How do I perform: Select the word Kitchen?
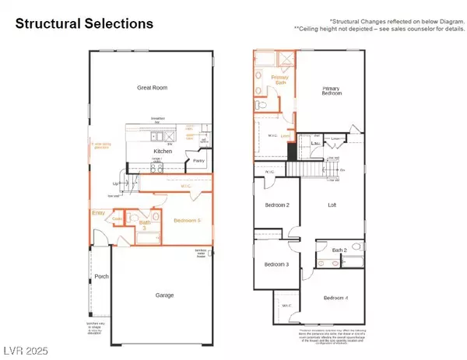click(162, 151)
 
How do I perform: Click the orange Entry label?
click(98, 212)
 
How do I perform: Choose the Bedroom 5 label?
click(188, 221)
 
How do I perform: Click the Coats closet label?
click(117, 219)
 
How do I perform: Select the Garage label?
click(163, 295)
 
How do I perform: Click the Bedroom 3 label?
click(276, 264)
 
